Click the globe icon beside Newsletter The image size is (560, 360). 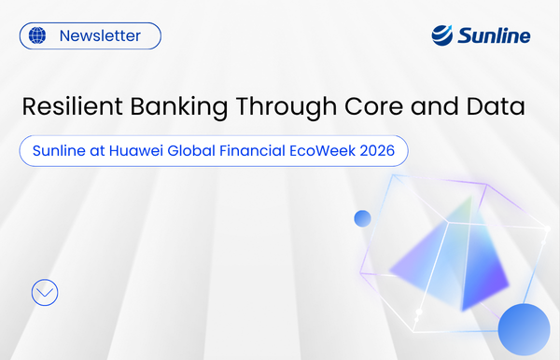[37, 36]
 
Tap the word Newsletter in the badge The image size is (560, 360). [100, 36]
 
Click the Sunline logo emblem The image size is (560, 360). [442, 35]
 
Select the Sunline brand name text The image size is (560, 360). [494, 36]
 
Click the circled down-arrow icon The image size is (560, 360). [45, 292]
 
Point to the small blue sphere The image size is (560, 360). [363, 219]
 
